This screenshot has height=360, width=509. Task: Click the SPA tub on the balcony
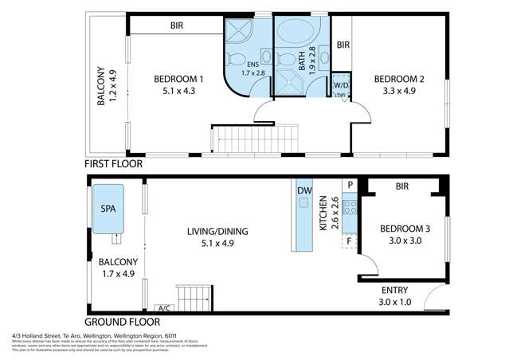coord(106,208)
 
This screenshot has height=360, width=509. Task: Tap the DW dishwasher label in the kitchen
coord(303,191)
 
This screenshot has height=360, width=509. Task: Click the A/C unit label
coord(165,307)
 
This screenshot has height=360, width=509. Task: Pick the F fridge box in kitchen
coord(349,240)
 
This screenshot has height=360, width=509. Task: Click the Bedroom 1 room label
coord(179,85)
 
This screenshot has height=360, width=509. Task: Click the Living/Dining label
coord(217,237)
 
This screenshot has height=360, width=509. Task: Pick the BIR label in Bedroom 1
coord(177,25)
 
